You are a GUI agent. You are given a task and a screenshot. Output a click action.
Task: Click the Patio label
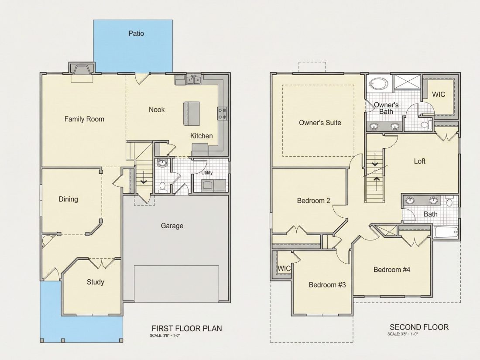(x=136, y=33)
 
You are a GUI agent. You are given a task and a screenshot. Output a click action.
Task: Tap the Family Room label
(x=84, y=119)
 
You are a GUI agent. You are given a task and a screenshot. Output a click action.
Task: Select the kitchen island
(x=192, y=113)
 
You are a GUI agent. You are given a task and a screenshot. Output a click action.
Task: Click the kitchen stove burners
(x=223, y=113)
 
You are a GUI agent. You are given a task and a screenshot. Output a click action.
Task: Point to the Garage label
(x=172, y=226)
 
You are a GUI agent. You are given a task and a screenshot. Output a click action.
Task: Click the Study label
(x=96, y=282)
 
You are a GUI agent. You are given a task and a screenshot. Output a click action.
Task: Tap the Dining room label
(x=68, y=199)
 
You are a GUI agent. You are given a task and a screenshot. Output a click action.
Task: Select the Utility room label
(x=207, y=173)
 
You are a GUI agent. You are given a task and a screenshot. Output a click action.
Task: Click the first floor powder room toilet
(x=163, y=187)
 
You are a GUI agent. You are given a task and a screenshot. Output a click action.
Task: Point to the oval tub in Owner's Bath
(x=378, y=83)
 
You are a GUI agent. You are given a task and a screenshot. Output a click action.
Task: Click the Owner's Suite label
(x=320, y=123)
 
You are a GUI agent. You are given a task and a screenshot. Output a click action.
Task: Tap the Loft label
(x=420, y=161)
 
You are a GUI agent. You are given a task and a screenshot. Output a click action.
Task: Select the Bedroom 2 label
(x=313, y=201)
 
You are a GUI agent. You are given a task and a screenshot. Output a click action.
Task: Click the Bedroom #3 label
(x=327, y=285)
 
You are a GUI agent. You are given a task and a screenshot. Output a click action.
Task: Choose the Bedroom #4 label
(x=392, y=270)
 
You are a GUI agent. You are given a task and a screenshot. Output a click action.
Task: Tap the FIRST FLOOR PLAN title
(x=187, y=329)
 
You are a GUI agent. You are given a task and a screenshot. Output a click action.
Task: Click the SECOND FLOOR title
(x=419, y=327)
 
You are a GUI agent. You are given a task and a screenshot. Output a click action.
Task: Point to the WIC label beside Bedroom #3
(x=284, y=268)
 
